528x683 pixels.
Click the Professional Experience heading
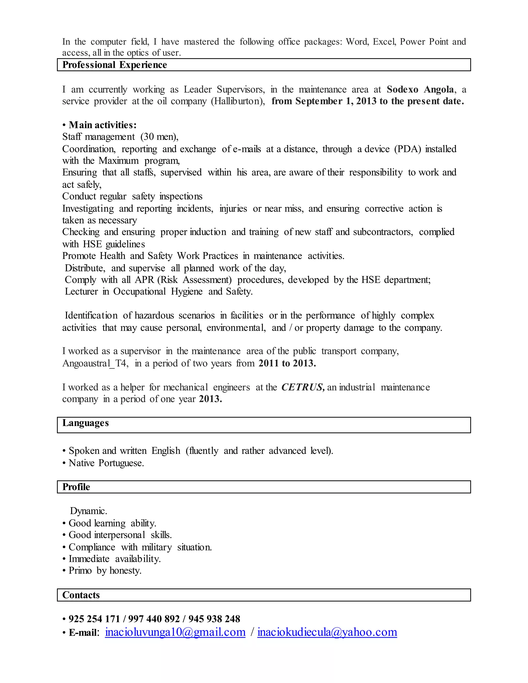(x=114, y=65)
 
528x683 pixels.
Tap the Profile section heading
(x=76, y=487)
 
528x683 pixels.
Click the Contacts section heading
(x=81, y=595)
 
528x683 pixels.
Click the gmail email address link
(x=175, y=632)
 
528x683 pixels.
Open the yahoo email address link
(x=327, y=632)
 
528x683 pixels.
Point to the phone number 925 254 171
(x=94, y=619)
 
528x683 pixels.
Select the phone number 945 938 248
(x=214, y=619)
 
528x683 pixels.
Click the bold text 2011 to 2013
(x=287, y=363)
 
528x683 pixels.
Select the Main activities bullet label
(x=102, y=125)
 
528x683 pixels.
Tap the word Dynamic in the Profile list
(x=88, y=511)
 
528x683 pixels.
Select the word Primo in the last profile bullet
(x=80, y=570)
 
